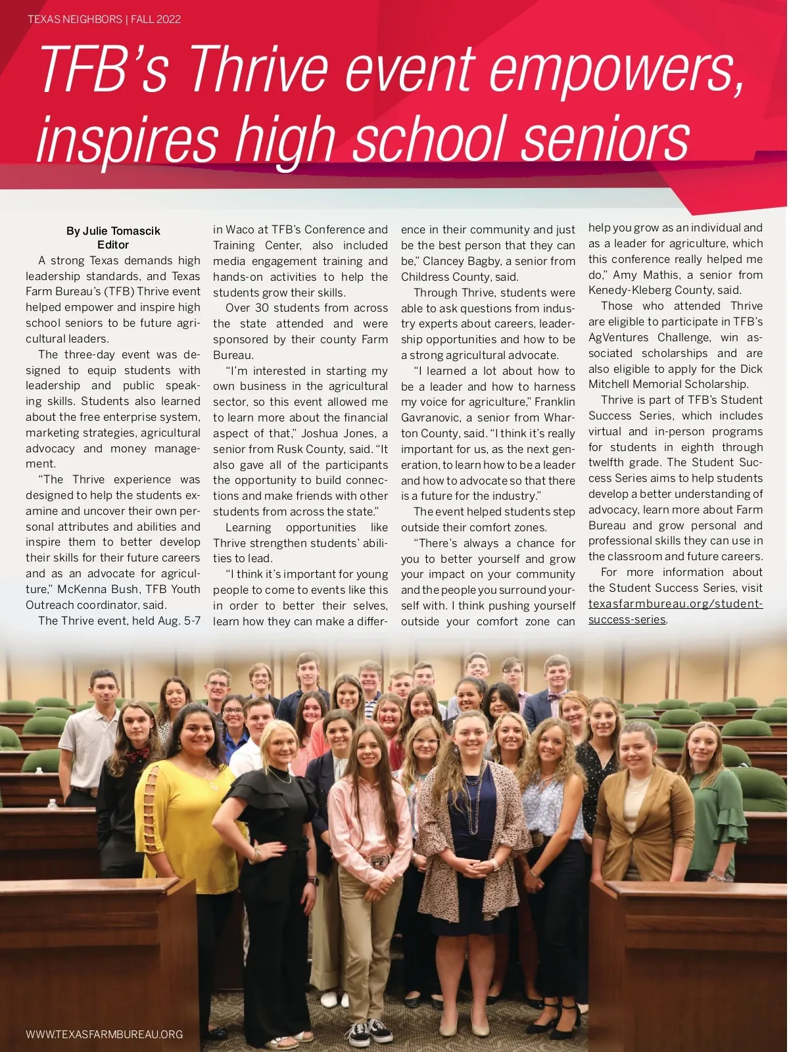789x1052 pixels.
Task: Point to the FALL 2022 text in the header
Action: [x=156, y=19]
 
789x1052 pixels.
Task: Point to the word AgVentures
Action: [x=618, y=337]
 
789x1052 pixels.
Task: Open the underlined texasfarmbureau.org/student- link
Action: [x=675, y=604]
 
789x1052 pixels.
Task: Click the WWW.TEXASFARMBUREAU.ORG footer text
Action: [x=104, y=1034]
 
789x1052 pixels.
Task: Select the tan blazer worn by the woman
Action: [x=641, y=815]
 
